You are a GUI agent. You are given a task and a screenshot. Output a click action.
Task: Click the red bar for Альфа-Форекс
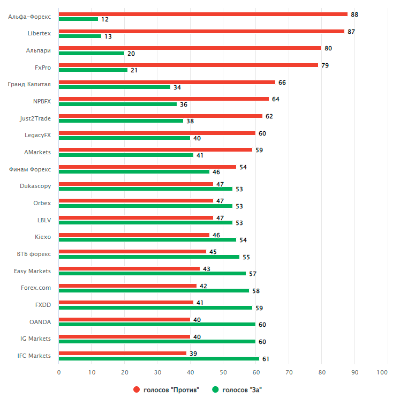[203, 14]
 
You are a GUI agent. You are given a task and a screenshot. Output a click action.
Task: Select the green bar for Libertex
[80, 36]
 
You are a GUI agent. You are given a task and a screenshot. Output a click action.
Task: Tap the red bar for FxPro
[188, 65]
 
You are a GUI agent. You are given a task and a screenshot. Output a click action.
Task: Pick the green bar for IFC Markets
[159, 358]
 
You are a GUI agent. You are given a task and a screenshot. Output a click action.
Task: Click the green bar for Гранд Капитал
[115, 87]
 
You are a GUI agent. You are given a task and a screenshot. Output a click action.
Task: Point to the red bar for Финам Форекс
[147, 167]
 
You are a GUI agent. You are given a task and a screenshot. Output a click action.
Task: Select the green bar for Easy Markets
[152, 273]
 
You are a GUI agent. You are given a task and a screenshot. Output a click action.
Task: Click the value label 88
[354, 14]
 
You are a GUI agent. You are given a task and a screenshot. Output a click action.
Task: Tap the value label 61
[266, 358]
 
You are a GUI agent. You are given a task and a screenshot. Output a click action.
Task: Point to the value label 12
[104, 19]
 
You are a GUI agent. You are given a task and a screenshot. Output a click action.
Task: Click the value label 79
[325, 65]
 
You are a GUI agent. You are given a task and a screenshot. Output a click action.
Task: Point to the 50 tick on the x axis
[223, 372]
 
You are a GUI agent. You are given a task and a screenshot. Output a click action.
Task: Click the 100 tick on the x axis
[382, 372]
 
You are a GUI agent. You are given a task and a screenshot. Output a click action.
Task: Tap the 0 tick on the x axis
[59, 372]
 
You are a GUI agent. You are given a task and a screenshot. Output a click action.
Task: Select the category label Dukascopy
[36, 186]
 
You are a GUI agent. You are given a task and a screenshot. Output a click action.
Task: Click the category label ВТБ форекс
[34, 254]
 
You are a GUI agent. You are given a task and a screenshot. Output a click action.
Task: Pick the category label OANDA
[40, 322]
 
